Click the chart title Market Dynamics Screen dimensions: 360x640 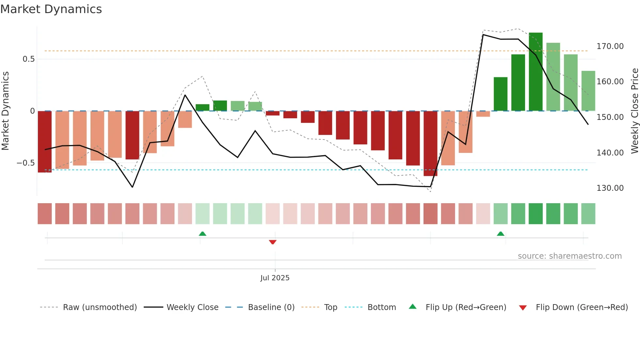click(51, 9)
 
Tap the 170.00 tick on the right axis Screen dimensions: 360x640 click(610, 46)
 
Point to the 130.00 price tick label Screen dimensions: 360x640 click(610, 188)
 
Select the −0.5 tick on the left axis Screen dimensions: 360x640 click(26, 163)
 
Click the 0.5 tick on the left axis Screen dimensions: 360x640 click(28, 59)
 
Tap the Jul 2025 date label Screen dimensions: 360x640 click(275, 278)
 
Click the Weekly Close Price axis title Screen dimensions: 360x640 click(634, 111)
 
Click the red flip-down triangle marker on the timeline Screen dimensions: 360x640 click(273, 242)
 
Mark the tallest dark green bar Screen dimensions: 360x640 click(536, 72)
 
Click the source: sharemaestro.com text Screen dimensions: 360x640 click(570, 256)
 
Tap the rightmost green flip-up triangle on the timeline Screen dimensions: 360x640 click(501, 234)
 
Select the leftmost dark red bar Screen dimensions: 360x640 click(45, 141)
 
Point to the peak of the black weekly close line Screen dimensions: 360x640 click(483, 35)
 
